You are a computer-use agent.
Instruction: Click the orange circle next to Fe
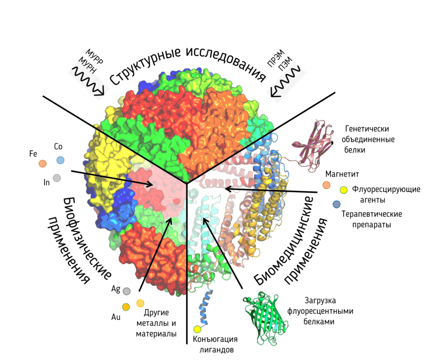coord(42,164)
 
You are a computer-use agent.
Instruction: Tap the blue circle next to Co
coord(60,160)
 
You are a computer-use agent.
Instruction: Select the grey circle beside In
coord(57,178)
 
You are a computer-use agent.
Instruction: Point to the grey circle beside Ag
coord(126,291)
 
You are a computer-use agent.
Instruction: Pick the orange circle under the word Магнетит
coord(327,185)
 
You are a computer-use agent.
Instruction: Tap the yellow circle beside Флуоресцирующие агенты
coord(344,190)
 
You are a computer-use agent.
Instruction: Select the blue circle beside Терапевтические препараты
coord(337,204)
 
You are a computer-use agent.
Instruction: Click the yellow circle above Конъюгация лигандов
coord(197,330)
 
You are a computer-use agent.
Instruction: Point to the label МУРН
coord(87,67)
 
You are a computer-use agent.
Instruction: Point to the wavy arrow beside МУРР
coord(89,82)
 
